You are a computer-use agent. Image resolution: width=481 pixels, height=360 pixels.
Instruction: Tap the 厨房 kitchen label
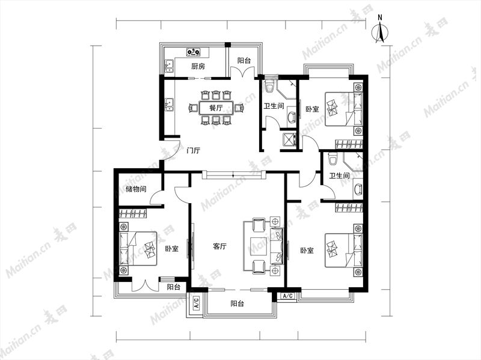point(198,66)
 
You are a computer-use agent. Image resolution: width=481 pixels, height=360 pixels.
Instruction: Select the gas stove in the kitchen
point(194,52)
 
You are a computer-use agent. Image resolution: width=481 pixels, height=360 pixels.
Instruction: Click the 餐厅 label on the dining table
point(216,108)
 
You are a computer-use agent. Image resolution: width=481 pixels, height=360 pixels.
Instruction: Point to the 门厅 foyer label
point(194,151)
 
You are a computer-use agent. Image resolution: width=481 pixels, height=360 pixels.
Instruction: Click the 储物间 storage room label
point(136,189)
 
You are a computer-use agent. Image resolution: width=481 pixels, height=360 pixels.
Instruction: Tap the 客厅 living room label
point(219,246)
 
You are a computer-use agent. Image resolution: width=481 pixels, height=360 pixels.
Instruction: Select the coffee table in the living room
point(260,246)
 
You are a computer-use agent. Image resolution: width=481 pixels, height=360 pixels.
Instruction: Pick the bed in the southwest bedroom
point(138,248)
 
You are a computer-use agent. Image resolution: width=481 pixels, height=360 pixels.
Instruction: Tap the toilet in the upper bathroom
point(269,86)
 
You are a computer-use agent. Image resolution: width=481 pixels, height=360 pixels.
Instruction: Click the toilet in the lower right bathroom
point(332,159)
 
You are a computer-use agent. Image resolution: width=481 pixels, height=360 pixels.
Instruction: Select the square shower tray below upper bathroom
point(289,140)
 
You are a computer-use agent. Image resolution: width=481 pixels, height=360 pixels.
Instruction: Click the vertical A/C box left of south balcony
point(197,303)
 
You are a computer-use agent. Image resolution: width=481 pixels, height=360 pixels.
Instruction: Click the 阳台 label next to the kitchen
point(244,61)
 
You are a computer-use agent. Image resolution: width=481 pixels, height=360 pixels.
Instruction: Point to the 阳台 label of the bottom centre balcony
point(237,304)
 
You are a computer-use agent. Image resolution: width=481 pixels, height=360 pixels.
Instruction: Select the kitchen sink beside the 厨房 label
point(169,67)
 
